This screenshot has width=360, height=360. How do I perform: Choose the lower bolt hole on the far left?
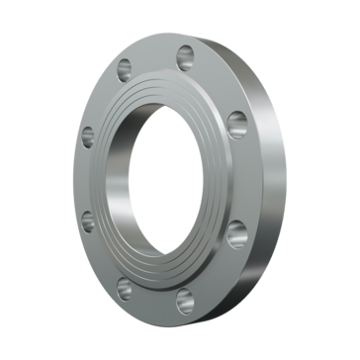tap(89, 220)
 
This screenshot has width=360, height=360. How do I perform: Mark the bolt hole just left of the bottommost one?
tap(125, 288)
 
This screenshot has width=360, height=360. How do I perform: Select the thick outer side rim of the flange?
tap(267, 178)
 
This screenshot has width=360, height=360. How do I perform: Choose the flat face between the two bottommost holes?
tap(153, 297)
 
